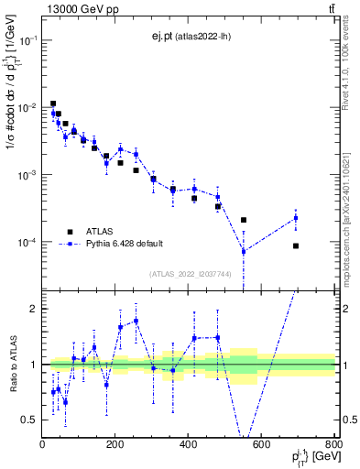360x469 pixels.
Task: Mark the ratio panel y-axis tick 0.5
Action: [x=31, y=420]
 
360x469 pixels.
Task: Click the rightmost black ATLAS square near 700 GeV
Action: [x=296, y=245]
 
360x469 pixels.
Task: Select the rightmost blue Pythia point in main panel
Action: [x=296, y=217]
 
